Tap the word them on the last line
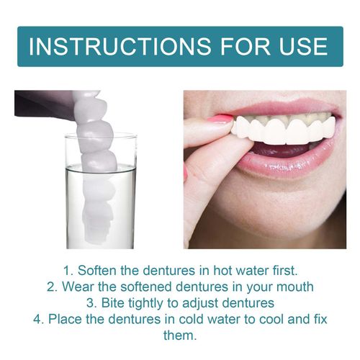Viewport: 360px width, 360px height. pyautogui.click(x=180, y=336)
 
